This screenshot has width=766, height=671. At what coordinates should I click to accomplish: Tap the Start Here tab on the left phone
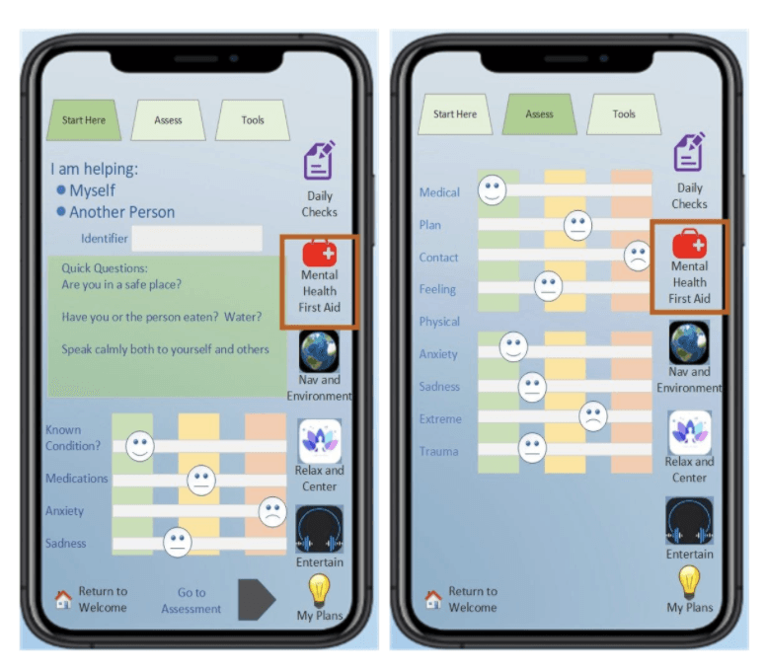click(84, 120)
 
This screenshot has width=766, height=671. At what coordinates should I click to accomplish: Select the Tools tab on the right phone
click(624, 114)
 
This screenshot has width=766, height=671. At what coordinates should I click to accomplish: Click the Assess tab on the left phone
click(168, 120)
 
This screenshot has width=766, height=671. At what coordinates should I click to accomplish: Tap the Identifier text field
click(196, 239)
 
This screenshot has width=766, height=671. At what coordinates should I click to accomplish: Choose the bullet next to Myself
click(61, 190)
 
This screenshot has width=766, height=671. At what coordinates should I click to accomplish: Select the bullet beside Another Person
click(61, 211)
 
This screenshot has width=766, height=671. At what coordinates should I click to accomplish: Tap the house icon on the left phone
click(63, 599)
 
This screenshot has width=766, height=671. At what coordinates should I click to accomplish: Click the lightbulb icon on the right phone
click(689, 581)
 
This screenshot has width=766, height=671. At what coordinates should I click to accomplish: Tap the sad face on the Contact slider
click(638, 256)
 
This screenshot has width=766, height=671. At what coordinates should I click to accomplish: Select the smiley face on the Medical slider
click(492, 190)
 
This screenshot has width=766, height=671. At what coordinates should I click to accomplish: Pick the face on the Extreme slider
click(593, 416)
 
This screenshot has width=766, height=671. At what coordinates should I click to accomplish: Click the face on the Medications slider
click(201, 481)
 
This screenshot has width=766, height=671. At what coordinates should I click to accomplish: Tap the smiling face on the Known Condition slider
click(140, 446)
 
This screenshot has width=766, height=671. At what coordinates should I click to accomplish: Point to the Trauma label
click(438, 451)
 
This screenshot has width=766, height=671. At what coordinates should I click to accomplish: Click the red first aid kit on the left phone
click(320, 253)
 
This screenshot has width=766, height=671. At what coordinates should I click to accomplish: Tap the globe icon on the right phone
click(689, 342)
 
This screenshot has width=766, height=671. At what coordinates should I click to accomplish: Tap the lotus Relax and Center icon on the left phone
click(320, 441)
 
